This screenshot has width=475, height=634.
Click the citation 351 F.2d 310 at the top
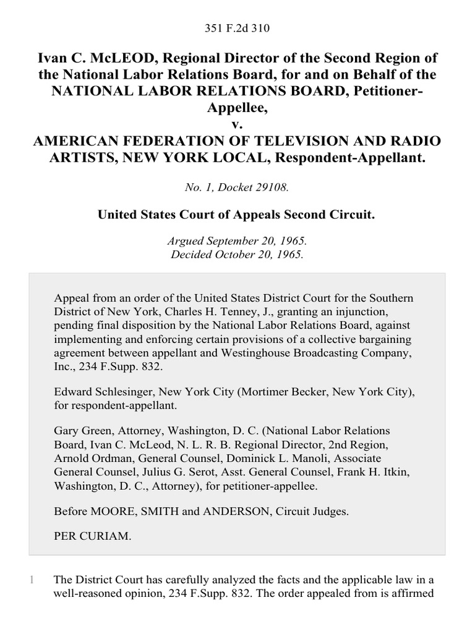point(237,28)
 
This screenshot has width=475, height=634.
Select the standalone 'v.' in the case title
point(237,125)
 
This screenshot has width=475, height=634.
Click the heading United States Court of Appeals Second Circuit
point(237,215)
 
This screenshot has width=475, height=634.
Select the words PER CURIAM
point(93,536)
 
